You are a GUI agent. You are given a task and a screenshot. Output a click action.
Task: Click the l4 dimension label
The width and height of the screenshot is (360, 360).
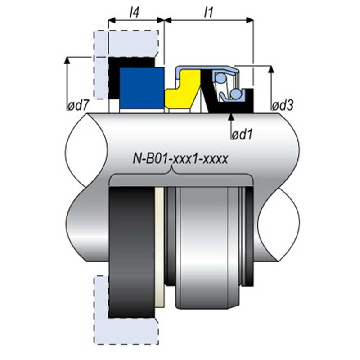click(134, 12)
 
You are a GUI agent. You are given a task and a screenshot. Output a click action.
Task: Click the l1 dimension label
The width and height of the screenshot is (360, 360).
click(208, 12)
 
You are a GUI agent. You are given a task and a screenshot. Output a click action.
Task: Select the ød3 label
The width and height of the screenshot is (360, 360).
click(283, 106)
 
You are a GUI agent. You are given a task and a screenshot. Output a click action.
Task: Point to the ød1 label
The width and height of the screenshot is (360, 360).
click(242, 134)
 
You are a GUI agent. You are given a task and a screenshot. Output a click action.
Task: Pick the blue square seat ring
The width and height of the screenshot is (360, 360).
click(141, 88)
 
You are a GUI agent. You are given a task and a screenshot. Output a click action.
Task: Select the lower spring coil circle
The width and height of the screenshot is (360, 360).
click(234, 94)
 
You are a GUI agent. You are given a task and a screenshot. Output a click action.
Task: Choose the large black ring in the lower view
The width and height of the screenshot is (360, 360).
click(130, 247)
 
